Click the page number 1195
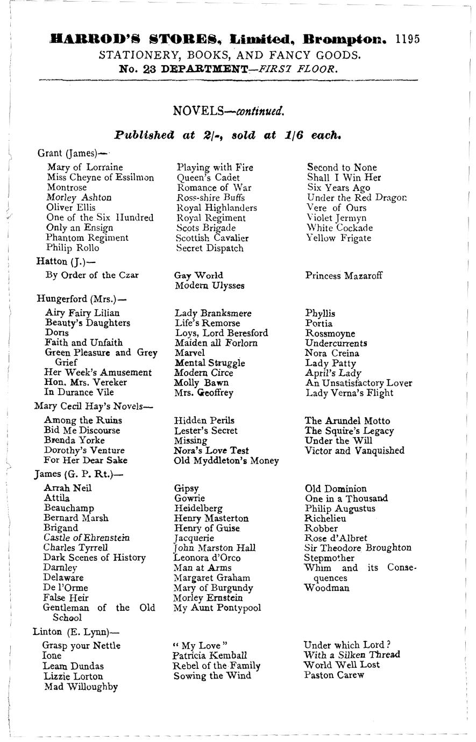tap(407, 39)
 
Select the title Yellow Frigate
tap(339, 238)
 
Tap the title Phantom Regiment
tap(87, 238)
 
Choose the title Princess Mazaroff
tap(344, 276)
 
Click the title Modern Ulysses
tap(209, 286)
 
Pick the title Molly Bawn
tap(201, 383)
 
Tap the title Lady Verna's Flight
tap(349, 393)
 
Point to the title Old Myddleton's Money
tap(226, 461)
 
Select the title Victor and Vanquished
tap(354, 451)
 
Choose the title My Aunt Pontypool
tap(217, 608)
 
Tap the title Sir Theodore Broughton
tap(358, 548)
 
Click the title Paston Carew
tap(334, 675)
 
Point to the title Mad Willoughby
tap(81, 687)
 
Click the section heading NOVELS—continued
tap(228, 111)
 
